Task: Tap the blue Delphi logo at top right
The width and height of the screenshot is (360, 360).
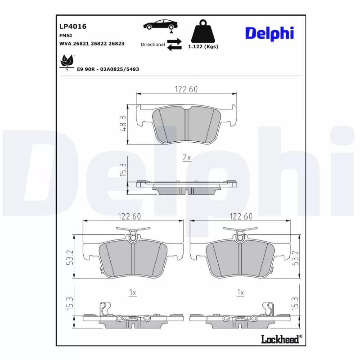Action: pos(269,33)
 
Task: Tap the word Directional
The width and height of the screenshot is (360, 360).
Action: pos(153,45)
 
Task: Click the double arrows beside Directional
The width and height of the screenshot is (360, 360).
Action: pos(174,45)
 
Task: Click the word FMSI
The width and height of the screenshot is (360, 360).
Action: pos(66,35)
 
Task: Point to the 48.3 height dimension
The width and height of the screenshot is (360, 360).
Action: pos(122,124)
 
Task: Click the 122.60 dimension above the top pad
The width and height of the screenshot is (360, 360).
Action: pos(186,89)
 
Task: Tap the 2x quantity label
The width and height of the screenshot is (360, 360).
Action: pos(187,157)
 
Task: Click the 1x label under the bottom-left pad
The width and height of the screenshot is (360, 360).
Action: pos(132,292)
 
